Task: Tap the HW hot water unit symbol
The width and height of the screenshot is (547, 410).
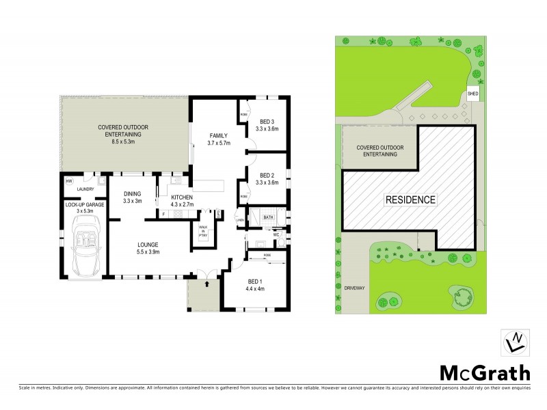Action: point(69,182)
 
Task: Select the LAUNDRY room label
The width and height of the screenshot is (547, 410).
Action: point(85,190)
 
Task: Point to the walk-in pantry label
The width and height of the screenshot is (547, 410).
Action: point(203,231)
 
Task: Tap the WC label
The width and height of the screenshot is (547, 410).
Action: point(277,235)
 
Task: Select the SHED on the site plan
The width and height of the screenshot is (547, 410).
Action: point(473,93)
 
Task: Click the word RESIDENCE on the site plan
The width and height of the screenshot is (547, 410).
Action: point(410,200)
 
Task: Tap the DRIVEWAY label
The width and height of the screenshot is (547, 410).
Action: point(356,288)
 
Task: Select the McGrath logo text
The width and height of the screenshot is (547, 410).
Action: point(484,372)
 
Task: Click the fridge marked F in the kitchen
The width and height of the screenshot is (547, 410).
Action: point(164,214)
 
